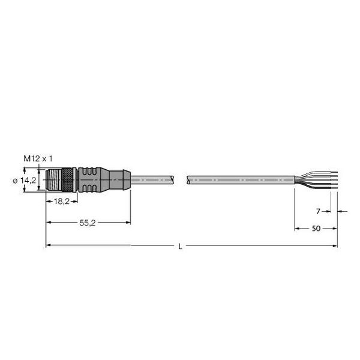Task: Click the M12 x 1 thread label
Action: click(x=38, y=158)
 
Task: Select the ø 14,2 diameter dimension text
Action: click(x=25, y=181)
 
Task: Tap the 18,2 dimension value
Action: click(x=62, y=202)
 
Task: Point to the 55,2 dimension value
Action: click(x=87, y=223)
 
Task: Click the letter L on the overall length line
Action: click(x=180, y=247)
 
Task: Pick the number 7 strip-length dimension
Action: click(x=318, y=211)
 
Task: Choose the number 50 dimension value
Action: click(x=316, y=228)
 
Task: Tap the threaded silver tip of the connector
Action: click(x=54, y=180)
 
